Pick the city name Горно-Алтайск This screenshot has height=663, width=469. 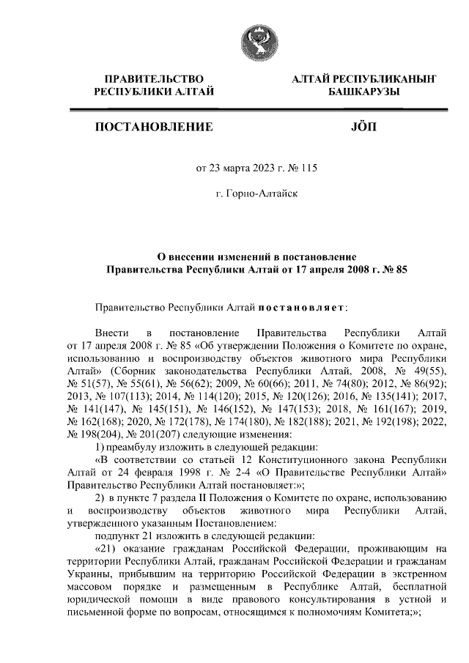(255, 193)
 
